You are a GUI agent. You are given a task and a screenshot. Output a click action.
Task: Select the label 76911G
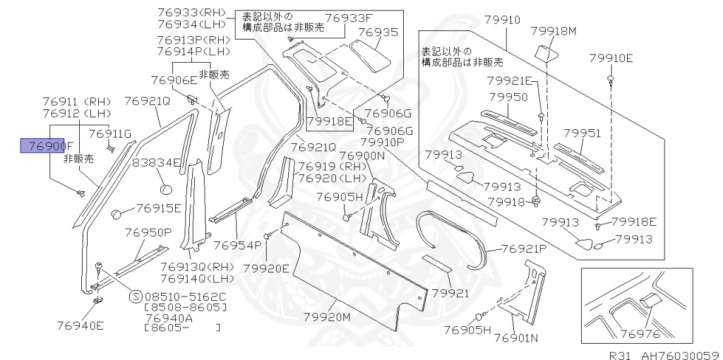[x=110, y=134]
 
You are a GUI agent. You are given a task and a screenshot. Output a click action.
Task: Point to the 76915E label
[x=158, y=208]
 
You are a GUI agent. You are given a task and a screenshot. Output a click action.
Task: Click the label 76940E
[x=80, y=325]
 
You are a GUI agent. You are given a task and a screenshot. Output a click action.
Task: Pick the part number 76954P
[x=237, y=245]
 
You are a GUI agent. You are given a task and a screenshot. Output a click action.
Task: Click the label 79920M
[x=327, y=318]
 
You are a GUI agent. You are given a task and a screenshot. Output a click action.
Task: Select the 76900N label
[x=361, y=156]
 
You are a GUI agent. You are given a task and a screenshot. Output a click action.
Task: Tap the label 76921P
[x=525, y=248]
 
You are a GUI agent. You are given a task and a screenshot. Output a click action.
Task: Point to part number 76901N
[x=515, y=338]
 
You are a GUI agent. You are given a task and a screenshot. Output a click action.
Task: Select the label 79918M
[x=554, y=31]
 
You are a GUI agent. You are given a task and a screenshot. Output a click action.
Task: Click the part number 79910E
[x=611, y=58]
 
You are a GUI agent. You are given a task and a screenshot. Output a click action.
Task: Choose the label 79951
[x=582, y=133]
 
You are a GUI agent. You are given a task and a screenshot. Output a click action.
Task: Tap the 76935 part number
[x=378, y=32]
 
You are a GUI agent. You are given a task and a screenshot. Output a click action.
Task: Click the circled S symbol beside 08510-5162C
[x=136, y=296]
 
